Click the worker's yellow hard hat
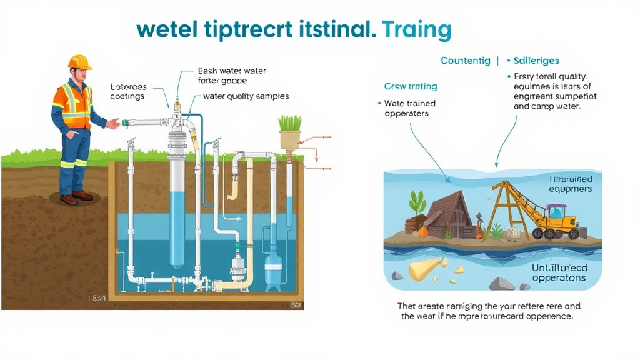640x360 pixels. point(80,61)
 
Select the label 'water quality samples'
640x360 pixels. point(246,96)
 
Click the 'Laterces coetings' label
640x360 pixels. point(127,92)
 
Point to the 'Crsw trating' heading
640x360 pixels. point(411,86)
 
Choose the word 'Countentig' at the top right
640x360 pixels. point(466,61)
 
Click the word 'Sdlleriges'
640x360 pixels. point(536,61)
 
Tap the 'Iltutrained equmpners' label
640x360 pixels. point(561,184)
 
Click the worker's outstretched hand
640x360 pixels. point(114,123)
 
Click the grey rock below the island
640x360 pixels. point(502,284)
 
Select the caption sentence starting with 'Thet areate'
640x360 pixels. point(489,311)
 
